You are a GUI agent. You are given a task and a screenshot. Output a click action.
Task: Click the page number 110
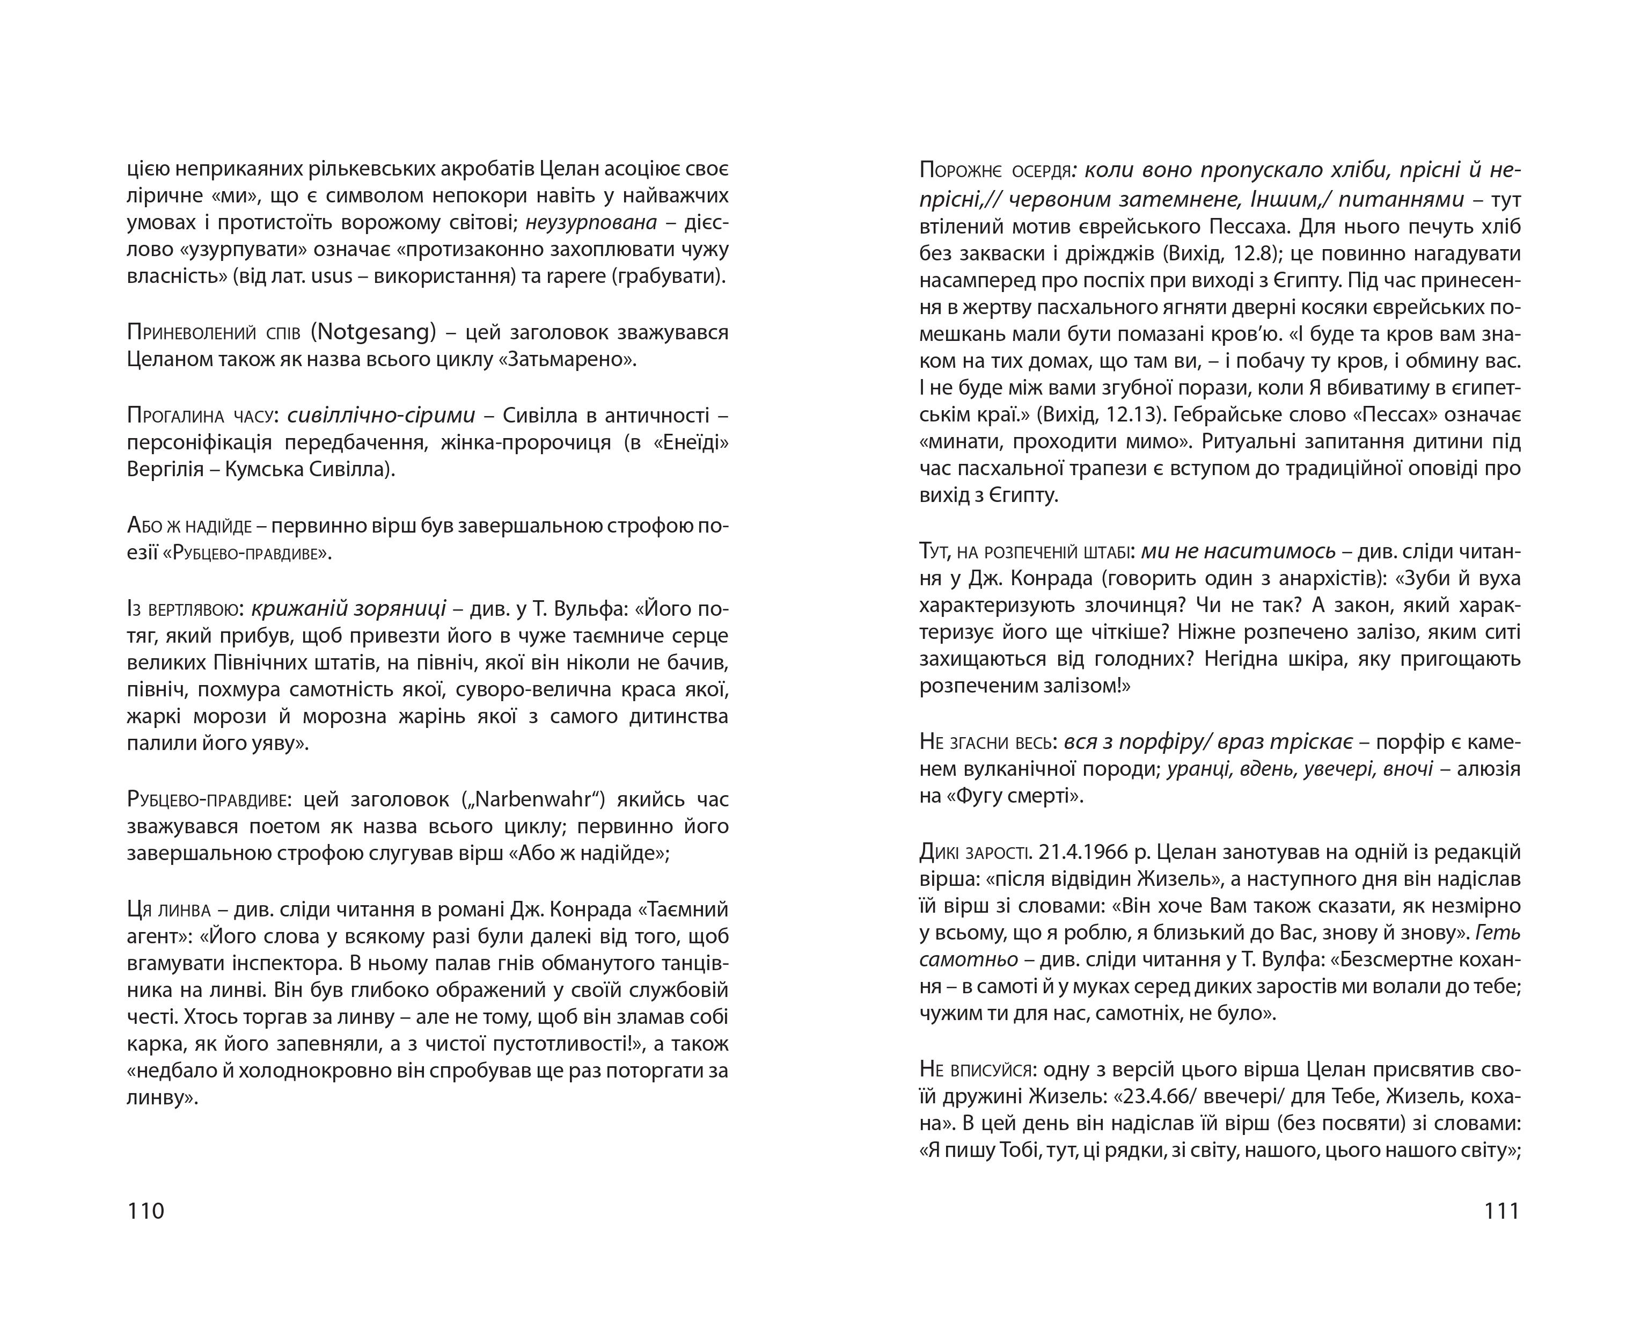pyautogui.click(x=146, y=1211)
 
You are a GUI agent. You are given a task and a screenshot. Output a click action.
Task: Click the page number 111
pyautogui.click(x=1501, y=1211)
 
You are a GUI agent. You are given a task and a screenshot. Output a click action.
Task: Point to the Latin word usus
pyautogui.click(x=331, y=276)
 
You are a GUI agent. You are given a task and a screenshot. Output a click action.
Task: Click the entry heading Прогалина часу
pyautogui.click(x=200, y=416)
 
